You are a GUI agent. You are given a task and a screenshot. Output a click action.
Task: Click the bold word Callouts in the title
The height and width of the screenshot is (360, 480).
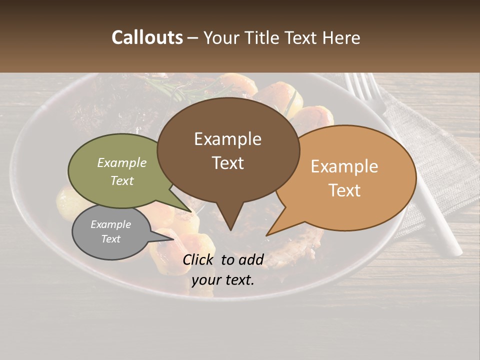tap(147, 37)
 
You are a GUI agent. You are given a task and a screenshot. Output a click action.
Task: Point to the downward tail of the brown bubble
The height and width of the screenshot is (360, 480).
tap(230, 220)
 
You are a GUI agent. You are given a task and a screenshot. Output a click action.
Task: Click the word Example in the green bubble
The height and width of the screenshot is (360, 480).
tap(122, 162)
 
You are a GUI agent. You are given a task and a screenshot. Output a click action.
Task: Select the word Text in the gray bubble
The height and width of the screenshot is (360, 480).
tap(111, 239)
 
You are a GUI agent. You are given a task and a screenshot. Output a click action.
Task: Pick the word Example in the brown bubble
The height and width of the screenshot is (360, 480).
tap(228, 138)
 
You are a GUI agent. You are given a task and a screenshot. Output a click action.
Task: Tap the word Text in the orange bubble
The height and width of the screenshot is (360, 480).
tap(345, 190)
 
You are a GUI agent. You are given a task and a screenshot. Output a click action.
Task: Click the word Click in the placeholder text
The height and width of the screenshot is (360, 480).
tap(198, 259)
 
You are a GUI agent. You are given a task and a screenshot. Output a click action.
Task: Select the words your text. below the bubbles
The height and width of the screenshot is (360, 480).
tap(223, 280)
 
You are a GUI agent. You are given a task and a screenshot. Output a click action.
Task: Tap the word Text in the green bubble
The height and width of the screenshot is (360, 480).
tap(122, 180)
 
